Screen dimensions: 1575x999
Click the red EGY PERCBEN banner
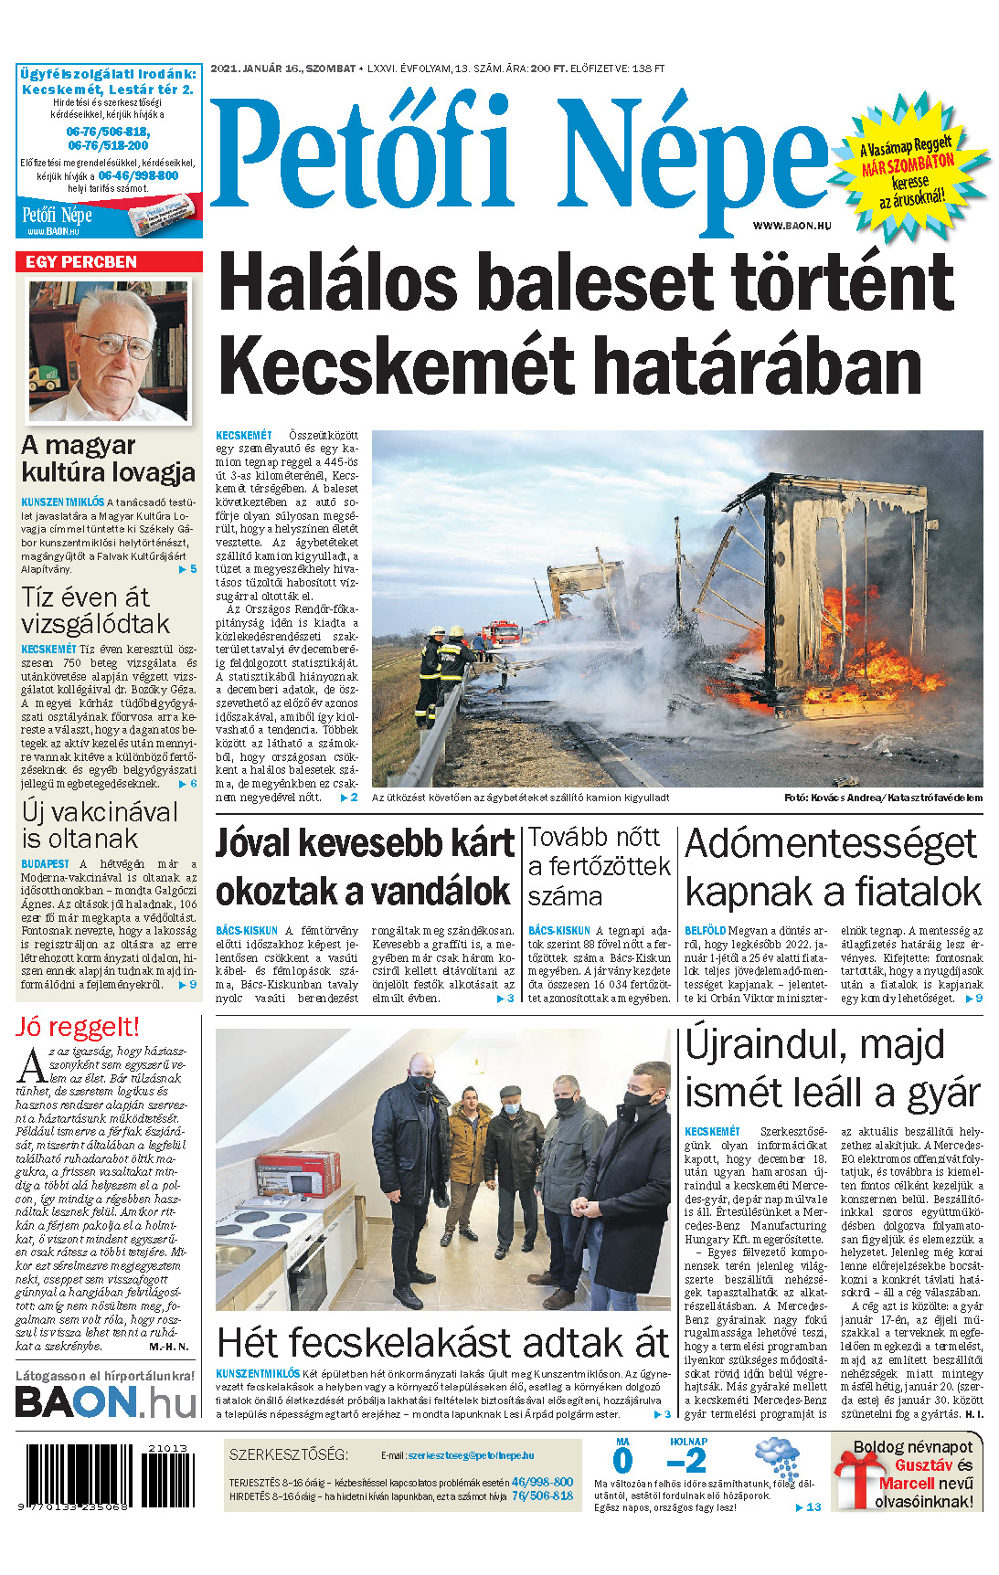pos(108,262)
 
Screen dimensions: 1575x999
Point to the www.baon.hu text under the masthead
pos(792,225)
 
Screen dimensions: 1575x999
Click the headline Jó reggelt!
pos(77,1027)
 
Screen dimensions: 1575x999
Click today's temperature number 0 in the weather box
pos(622,1461)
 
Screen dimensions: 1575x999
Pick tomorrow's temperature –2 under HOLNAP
pos(687,1461)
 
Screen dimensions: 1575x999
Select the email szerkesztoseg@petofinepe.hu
pos(471,1455)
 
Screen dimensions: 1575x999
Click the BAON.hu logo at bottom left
pos(106,1402)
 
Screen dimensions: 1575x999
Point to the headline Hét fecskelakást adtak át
pos(443,1343)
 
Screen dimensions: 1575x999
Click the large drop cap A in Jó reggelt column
pos(33,1066)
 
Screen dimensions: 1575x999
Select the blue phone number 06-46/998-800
pos(138,175)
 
